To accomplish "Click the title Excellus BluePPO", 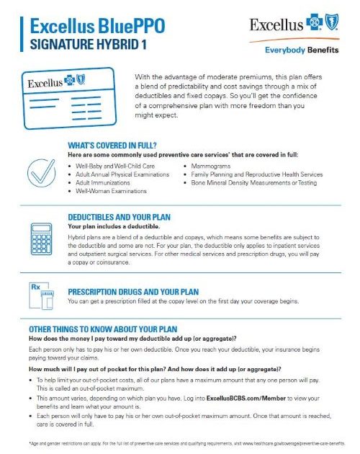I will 96,27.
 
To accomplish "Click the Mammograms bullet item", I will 205,166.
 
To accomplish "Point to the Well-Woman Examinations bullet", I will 111,191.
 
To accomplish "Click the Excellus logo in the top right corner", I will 296,25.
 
